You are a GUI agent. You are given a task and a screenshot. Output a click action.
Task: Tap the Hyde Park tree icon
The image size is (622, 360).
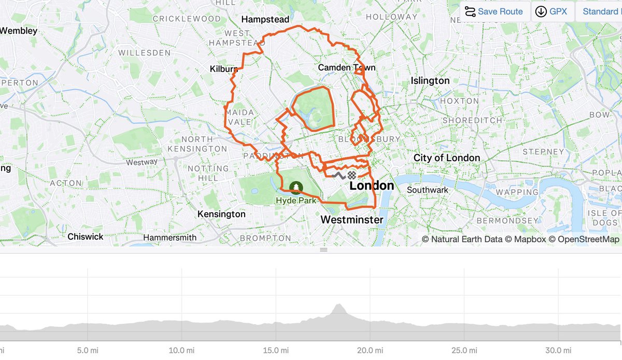[295, 187]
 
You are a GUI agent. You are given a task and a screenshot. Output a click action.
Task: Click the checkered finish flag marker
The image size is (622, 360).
[352, 175]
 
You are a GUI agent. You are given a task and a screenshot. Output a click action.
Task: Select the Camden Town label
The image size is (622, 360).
[346, 67]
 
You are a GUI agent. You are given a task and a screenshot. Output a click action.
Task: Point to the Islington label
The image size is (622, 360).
[430, 80]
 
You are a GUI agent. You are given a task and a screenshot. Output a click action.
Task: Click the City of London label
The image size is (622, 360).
[446, 158]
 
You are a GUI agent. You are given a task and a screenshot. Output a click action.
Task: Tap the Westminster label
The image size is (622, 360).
[351, 219]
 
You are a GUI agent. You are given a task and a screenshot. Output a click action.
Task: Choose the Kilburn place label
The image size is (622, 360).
[223, 69]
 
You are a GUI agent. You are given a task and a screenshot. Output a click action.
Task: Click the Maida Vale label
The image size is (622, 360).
[238, 117]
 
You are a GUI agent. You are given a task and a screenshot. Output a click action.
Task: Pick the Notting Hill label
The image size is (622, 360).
[208, 173]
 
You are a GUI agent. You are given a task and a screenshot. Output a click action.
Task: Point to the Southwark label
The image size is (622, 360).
[427, 190]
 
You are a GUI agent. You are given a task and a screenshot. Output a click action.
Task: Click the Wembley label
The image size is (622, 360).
[19, 31]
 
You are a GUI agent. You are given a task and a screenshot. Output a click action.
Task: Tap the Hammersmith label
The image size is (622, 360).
[169, 238]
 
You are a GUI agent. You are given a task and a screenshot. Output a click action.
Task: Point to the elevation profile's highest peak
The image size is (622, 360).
[339, 306]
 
